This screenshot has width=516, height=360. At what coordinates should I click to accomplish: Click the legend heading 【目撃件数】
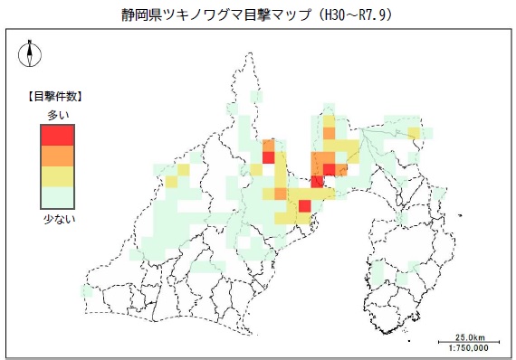coord(57,96)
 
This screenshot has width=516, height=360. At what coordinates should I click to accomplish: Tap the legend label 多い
coord(57,115)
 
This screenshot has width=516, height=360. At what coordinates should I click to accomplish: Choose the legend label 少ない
coord(57,217)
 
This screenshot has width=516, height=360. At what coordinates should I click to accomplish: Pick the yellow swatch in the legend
coord(57,175)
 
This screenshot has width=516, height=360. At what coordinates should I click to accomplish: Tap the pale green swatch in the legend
coord(57,196)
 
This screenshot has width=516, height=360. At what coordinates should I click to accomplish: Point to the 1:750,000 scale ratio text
coord(467,347)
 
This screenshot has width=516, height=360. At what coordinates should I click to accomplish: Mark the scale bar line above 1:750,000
coord(467,341)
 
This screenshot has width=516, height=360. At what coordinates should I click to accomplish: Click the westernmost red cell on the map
coord(268,157)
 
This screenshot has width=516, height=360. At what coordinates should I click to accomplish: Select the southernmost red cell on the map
coord(304,207)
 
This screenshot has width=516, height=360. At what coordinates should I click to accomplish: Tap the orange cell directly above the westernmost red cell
coord(268,146)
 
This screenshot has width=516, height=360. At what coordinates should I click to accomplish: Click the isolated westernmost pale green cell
coord(87,291)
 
